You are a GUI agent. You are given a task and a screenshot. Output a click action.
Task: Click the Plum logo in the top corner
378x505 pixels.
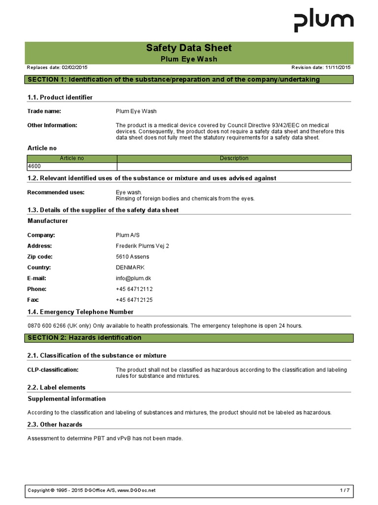click(323, 22)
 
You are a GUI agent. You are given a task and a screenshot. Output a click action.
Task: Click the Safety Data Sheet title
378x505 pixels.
click(189, 48)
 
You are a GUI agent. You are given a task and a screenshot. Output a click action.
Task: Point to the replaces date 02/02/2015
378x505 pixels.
click(74, 67)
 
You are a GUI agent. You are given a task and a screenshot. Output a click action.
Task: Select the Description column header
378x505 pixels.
click(234, 158)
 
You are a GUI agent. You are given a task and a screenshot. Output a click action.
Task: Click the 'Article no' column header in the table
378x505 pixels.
click(72, 158)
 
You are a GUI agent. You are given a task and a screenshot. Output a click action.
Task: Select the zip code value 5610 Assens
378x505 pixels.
click(132, 256)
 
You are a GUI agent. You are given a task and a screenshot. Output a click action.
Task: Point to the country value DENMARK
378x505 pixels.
click(130, 267)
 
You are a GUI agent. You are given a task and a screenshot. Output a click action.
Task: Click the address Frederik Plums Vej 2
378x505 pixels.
click(142, 246)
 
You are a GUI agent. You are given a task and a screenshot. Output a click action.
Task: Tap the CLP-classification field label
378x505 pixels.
click(53, 370)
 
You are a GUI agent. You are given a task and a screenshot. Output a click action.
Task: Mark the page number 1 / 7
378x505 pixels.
click(345, 490)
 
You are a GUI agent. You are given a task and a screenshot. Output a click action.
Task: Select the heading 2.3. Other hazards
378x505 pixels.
click(55, 424)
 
